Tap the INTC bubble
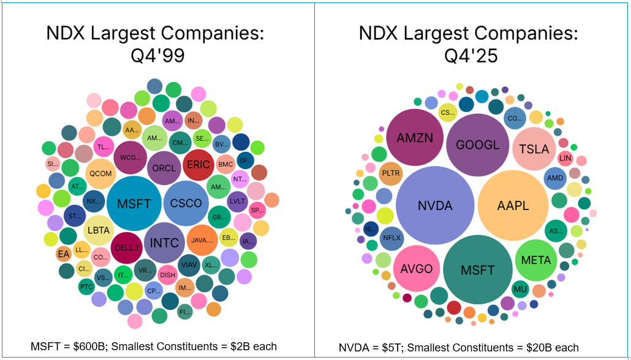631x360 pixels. pos(164,243)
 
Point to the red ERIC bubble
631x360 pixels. pos(198,164)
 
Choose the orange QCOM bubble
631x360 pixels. pos(100,173)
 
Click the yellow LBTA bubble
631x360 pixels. pos(99,231)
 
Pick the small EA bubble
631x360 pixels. pos(64,253)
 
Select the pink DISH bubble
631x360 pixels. pos(168,275)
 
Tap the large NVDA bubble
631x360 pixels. pos(435,206)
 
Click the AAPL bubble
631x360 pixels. pos(512,206)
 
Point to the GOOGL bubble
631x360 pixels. pos(477,146)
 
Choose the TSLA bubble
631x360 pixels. pos(534,149)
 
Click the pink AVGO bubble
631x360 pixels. pos(417,269)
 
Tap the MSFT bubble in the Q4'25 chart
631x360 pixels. pos(477,270)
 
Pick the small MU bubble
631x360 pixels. pos(520,289)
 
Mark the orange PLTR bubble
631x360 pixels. pos(391,173)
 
